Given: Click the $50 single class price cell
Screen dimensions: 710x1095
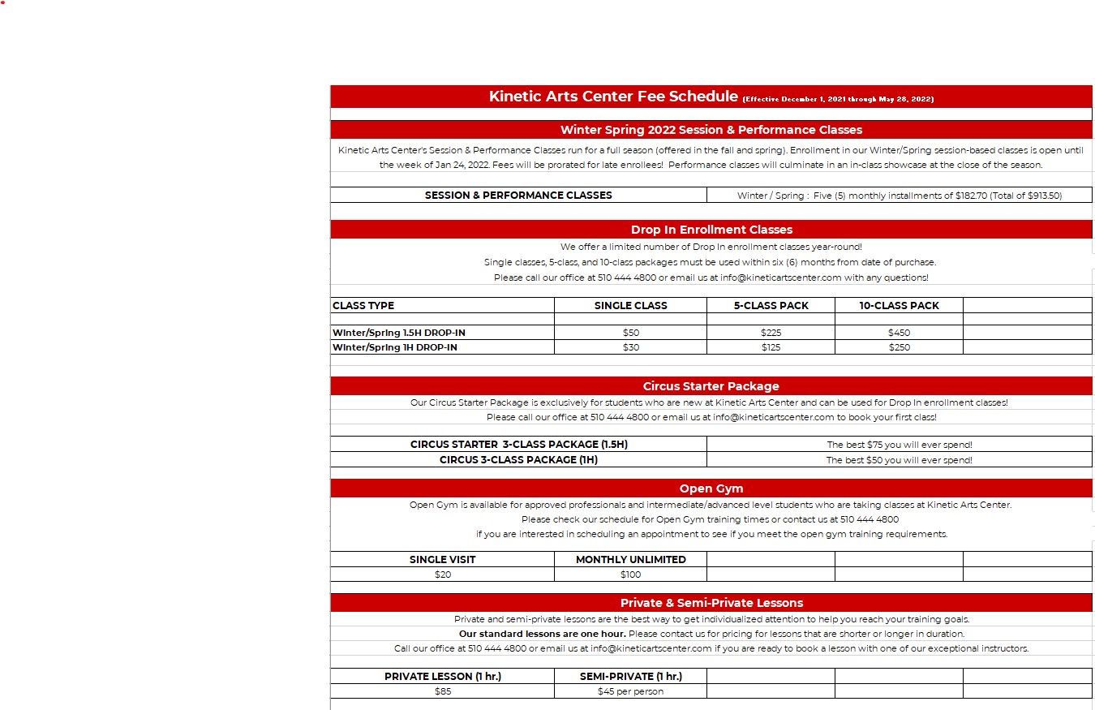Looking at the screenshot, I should point(630,333).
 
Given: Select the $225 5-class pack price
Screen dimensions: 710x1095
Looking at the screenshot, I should point(771,333).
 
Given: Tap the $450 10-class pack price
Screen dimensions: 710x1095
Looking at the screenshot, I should point(899,333).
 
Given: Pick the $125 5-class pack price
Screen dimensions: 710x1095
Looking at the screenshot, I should point(771,347).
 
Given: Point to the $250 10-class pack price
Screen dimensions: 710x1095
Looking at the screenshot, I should point(899,347).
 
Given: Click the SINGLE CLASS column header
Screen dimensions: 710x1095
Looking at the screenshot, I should point(630,306).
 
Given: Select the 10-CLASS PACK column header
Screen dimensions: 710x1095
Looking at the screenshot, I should point(899,306).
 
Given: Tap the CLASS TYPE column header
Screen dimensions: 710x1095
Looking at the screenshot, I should point(363,306).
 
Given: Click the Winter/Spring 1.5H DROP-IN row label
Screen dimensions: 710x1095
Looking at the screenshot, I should point(399,333).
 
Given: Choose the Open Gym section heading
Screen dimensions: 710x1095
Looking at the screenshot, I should point(711,488).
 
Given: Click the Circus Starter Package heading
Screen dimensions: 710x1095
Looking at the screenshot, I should point(711,386).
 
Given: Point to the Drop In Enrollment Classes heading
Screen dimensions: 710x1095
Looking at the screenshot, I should point(711,230).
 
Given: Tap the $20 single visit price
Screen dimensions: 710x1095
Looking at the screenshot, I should point(443,574).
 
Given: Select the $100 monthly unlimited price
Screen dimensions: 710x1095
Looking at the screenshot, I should point(630,574).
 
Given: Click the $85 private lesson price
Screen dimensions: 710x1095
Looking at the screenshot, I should point(443,691).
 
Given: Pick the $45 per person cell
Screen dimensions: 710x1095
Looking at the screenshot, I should point(630,691).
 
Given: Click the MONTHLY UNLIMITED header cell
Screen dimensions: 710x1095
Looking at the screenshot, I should point(630,559).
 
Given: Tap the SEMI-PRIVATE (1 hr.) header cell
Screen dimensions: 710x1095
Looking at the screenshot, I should point(630,676).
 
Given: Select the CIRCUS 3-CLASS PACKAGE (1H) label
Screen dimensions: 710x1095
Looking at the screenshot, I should point(518,460).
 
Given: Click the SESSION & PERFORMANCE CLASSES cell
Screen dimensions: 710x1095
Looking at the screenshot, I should point(518,196).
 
